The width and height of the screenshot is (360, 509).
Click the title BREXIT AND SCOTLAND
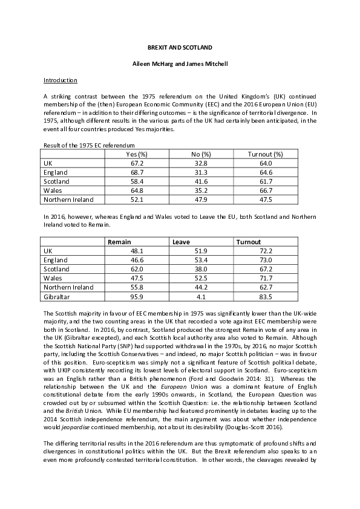180,47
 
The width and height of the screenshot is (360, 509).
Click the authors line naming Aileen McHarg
180,63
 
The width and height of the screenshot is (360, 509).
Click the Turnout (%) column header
266,154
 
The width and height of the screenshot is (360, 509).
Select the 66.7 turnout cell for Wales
266,190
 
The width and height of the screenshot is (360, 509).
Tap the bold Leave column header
182,242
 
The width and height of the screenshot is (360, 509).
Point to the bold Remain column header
119,242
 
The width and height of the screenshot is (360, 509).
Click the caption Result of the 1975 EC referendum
89,145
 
